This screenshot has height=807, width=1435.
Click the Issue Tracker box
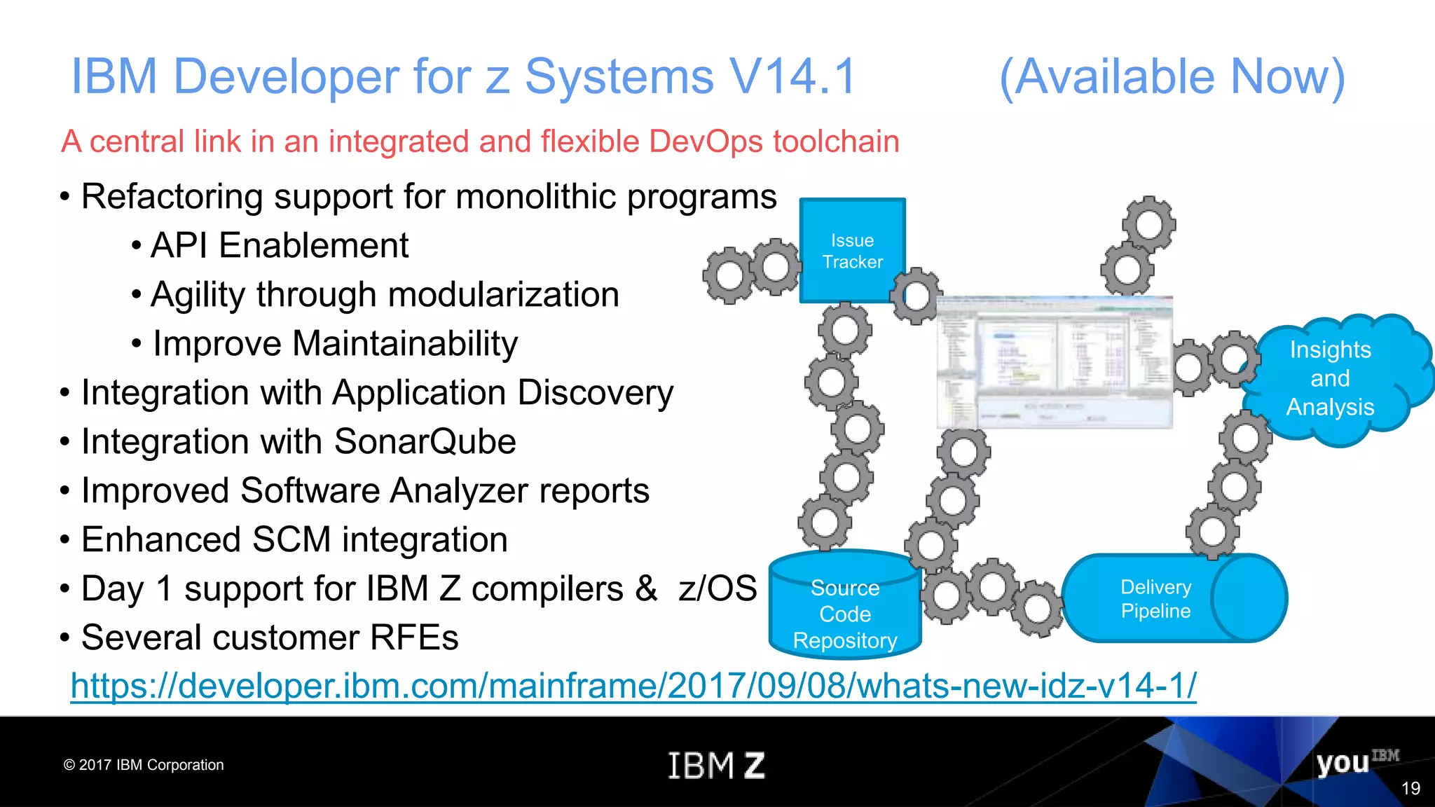click(852, 250)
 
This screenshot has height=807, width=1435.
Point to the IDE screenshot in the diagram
click(1054, 361)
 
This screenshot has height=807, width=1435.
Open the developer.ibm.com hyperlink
click(633, 685)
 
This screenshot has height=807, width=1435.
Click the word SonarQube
click(425, 442)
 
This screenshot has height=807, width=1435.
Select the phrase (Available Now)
click(1172, 76)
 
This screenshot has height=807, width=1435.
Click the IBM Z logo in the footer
click(716, 765)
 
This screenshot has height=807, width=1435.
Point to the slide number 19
click(1410, 789)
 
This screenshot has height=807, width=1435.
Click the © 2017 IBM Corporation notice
click(144, 765)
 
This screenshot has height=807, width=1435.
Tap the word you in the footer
click(1342, 763)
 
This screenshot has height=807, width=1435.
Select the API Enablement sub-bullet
click(279, 246)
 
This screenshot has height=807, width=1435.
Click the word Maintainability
click(405, 344)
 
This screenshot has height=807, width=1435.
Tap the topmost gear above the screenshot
click(1148, 224)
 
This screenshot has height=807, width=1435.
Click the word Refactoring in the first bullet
click(172, 197)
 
